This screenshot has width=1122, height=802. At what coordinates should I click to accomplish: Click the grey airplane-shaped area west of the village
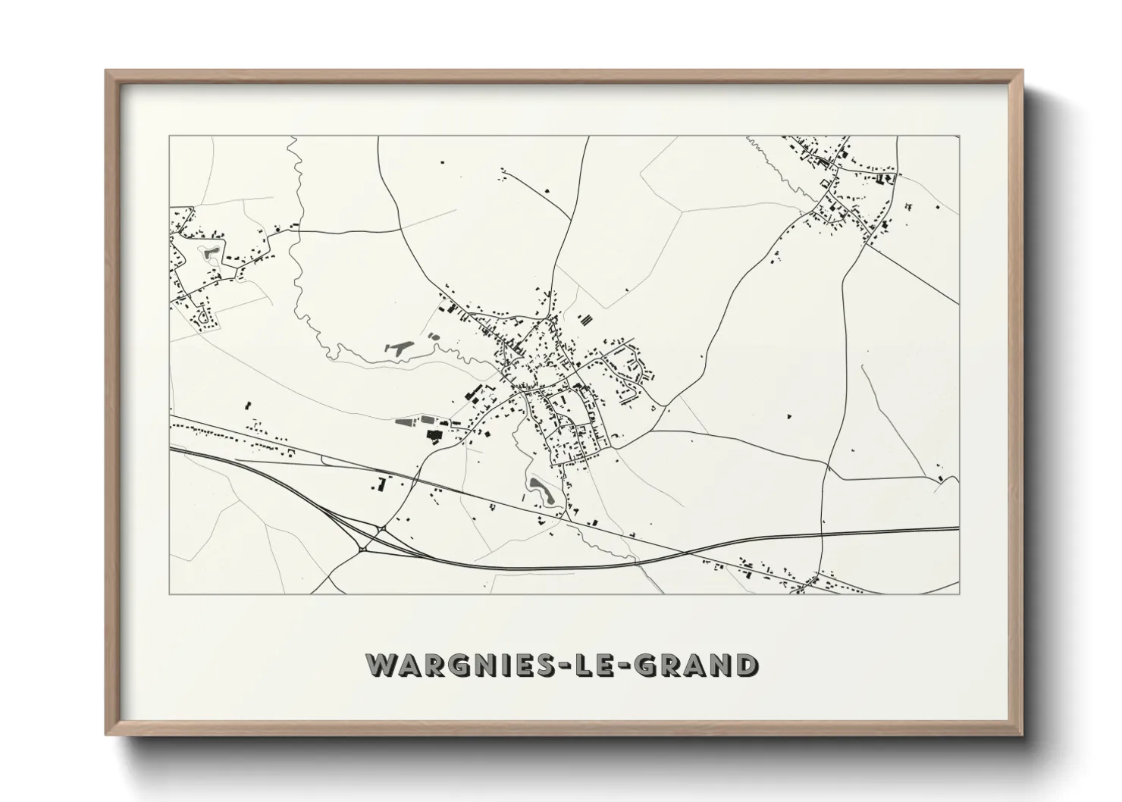(x=399, y=348)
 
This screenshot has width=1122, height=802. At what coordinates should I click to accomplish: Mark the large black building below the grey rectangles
(x=434, y=434)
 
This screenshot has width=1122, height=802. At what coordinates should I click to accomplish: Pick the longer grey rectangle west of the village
(x=407, y=419)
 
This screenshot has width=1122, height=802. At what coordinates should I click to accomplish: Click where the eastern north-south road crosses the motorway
(x=823, y=534)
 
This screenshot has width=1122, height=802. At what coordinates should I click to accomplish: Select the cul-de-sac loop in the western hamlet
(x=203, y=318)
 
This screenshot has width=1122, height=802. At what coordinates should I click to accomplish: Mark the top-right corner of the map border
(x=959, y=136)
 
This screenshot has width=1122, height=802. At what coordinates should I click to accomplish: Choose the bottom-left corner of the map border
(x=170, y=594)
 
